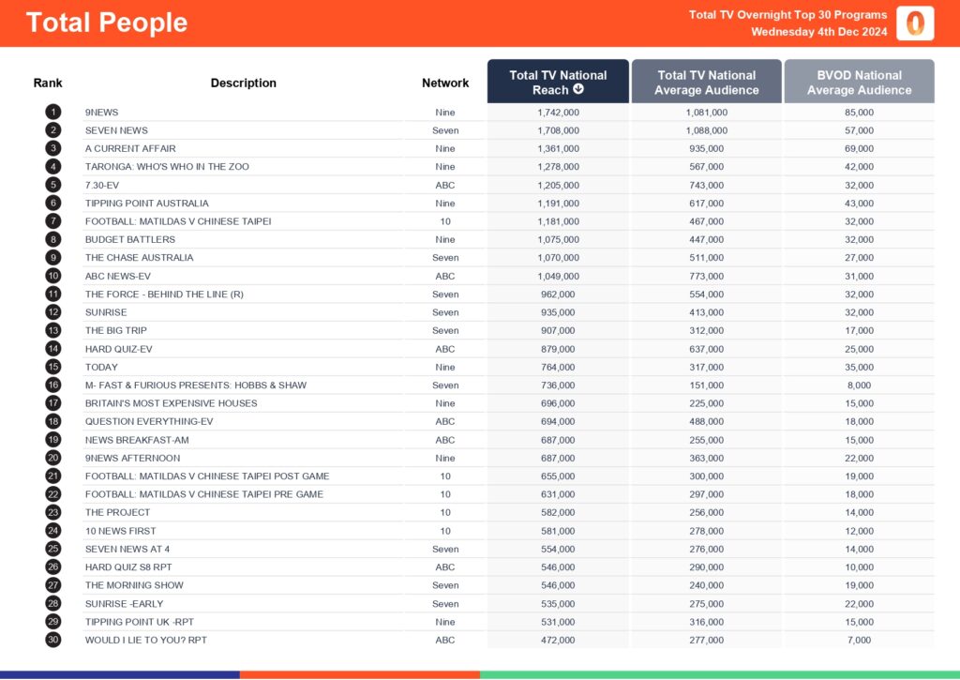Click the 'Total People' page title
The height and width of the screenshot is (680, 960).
click(x=107, y=23)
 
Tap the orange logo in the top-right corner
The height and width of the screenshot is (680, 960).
click(x=915, y=23)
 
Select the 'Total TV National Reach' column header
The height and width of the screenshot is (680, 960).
click(x=558, y=82)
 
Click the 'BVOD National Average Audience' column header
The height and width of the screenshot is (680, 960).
click(x=859, y=82)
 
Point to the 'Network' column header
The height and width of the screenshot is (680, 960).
click(x=445, y=83)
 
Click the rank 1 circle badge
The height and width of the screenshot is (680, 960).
click(x=53, y=113)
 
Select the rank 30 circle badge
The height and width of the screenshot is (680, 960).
click(x=53, y=640)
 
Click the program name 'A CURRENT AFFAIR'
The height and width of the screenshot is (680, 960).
click(x=130, y=148)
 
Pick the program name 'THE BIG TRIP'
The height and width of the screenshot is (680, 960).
click(x=116, y=330)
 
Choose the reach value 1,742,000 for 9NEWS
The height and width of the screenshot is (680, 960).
click(x=558, y=113)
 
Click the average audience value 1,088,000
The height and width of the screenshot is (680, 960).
click(x=706, y=130)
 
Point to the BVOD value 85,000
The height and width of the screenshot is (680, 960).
click(x=859, y=113)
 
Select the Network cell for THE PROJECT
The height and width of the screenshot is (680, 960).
click(x=445, y=512)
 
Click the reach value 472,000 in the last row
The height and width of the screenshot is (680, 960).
click(x=558, y=640)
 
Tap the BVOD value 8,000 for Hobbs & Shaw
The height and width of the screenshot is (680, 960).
click(x=859, y=385)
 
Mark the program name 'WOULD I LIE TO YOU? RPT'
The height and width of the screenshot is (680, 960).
click(x=146, y=640)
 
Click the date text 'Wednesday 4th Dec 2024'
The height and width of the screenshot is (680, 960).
click(x=818, y=32)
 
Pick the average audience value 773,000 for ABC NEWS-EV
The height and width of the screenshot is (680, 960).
click(x=706, y=276)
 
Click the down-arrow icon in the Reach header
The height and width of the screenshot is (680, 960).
click(x=578, y=90)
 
